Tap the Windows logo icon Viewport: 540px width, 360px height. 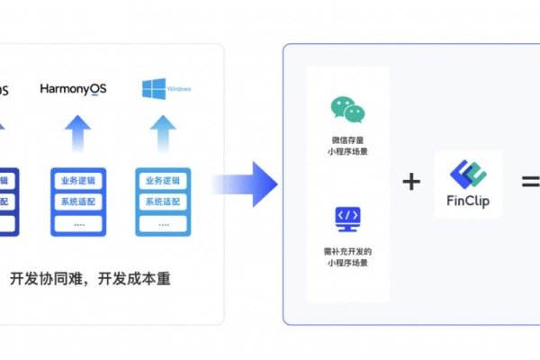[152, 88]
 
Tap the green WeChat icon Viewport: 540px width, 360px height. [348, 110]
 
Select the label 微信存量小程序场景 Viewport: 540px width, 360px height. [348, 146]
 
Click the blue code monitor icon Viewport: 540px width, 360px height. [348, 218]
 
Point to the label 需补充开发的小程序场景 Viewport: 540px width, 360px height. [348, 256]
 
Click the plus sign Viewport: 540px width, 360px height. [411, 183]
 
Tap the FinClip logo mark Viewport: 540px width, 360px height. [467, 172]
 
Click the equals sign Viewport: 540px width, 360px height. [531, 183]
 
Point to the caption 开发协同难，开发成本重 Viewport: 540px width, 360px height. [90, 279]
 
